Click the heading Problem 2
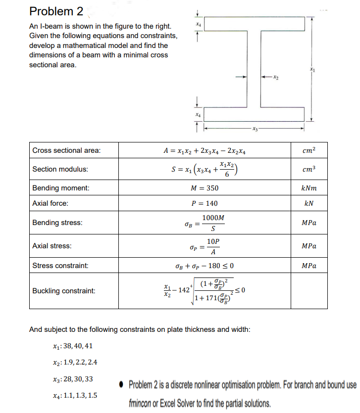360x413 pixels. [56, 11]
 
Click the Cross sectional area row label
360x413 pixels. [66, 150]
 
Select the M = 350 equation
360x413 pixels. [204, 188]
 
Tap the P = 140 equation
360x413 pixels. [204, 203]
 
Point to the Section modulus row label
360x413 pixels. [60, 169]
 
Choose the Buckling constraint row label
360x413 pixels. [63, 291]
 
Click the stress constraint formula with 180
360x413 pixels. [205, 266]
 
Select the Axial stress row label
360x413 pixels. [51, 246]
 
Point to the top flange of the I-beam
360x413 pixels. [255, 23]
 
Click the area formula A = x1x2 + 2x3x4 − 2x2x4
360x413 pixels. [205, 150]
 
